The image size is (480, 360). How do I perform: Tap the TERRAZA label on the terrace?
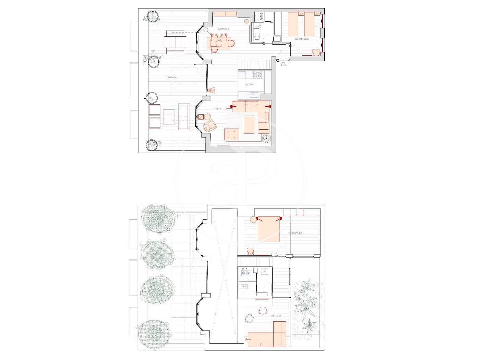171,78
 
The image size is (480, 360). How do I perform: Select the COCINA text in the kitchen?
249,84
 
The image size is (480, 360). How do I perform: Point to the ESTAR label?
217,109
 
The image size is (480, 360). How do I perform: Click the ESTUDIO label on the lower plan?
276,315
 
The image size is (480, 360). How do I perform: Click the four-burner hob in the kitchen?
257,74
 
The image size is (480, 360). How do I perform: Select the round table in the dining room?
219,43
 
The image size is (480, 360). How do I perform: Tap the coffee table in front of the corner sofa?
249,124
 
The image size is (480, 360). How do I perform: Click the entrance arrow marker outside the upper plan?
283,63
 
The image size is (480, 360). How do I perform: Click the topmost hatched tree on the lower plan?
158,218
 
